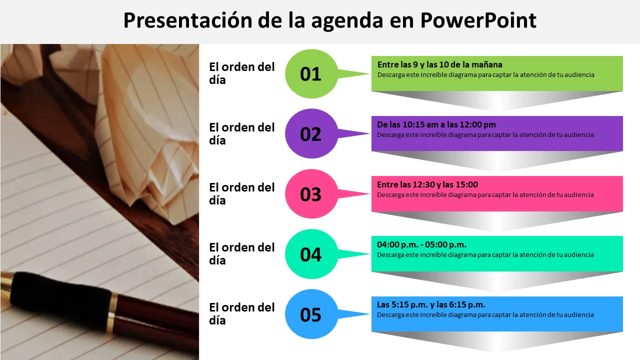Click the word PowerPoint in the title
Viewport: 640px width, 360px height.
click(478, 21)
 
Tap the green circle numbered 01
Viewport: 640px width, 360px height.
click(311, 73)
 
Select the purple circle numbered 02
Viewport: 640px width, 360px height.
click(311, 133)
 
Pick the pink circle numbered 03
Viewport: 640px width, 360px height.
click(311, 194)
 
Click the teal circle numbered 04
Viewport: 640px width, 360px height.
click(311, 254)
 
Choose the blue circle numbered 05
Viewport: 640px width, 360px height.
click(311, 314)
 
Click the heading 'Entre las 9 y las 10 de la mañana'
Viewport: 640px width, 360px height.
click(439, 65)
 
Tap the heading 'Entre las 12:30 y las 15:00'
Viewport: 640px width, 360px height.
click(427, 185)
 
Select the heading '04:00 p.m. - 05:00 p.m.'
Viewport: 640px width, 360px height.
click(421, 245)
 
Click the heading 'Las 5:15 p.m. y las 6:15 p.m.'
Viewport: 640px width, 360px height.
click(431, 305)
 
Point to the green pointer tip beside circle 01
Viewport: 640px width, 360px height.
click(369, 73)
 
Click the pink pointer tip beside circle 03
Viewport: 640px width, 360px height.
click(369, 193)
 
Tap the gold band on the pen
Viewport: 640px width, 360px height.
click(111, 313)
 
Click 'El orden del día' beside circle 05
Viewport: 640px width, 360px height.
click(241, 314)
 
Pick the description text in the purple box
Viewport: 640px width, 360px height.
click(485, 135)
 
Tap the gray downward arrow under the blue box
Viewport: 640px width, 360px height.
click(497, 341)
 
